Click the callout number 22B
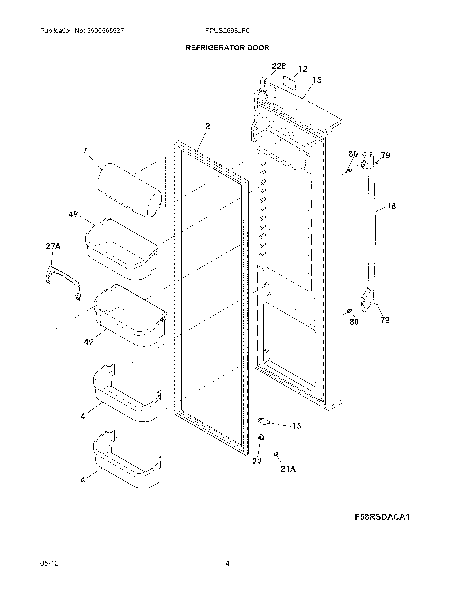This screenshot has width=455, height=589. point(279,66)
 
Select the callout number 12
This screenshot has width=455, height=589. point(303,69)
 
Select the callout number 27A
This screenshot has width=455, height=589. point(53,246)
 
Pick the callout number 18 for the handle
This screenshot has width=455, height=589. point(391,206)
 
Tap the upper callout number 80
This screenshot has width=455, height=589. point(353,154)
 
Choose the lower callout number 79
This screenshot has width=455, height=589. point(385,320)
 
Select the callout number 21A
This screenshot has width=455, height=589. point(288,469)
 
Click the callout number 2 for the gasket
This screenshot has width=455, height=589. point(207,126)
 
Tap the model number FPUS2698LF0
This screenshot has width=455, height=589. point(227,31)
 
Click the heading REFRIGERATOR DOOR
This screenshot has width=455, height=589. point(227,48)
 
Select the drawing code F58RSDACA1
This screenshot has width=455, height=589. point(382,517)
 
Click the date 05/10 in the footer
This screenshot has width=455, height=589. point(49,563)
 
